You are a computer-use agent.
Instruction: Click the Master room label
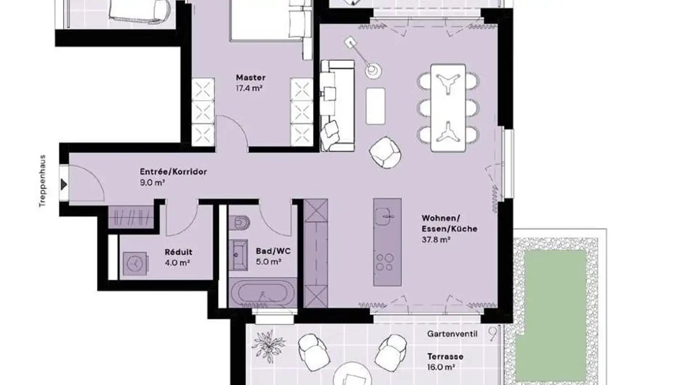[x=251, y=77]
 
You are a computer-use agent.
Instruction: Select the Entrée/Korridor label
[x=173, y=172]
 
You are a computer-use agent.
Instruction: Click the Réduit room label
[x=178, y=252]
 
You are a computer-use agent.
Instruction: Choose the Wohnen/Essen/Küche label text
[x=449, y=223]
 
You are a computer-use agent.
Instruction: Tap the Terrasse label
[x=445, y=356]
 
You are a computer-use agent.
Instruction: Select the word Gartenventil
[x=452, y=334]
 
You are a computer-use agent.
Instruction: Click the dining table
[x=448, y=108]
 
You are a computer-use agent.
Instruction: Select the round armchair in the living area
[x=385, y=152]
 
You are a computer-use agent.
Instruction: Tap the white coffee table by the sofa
[x=375, y=106]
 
